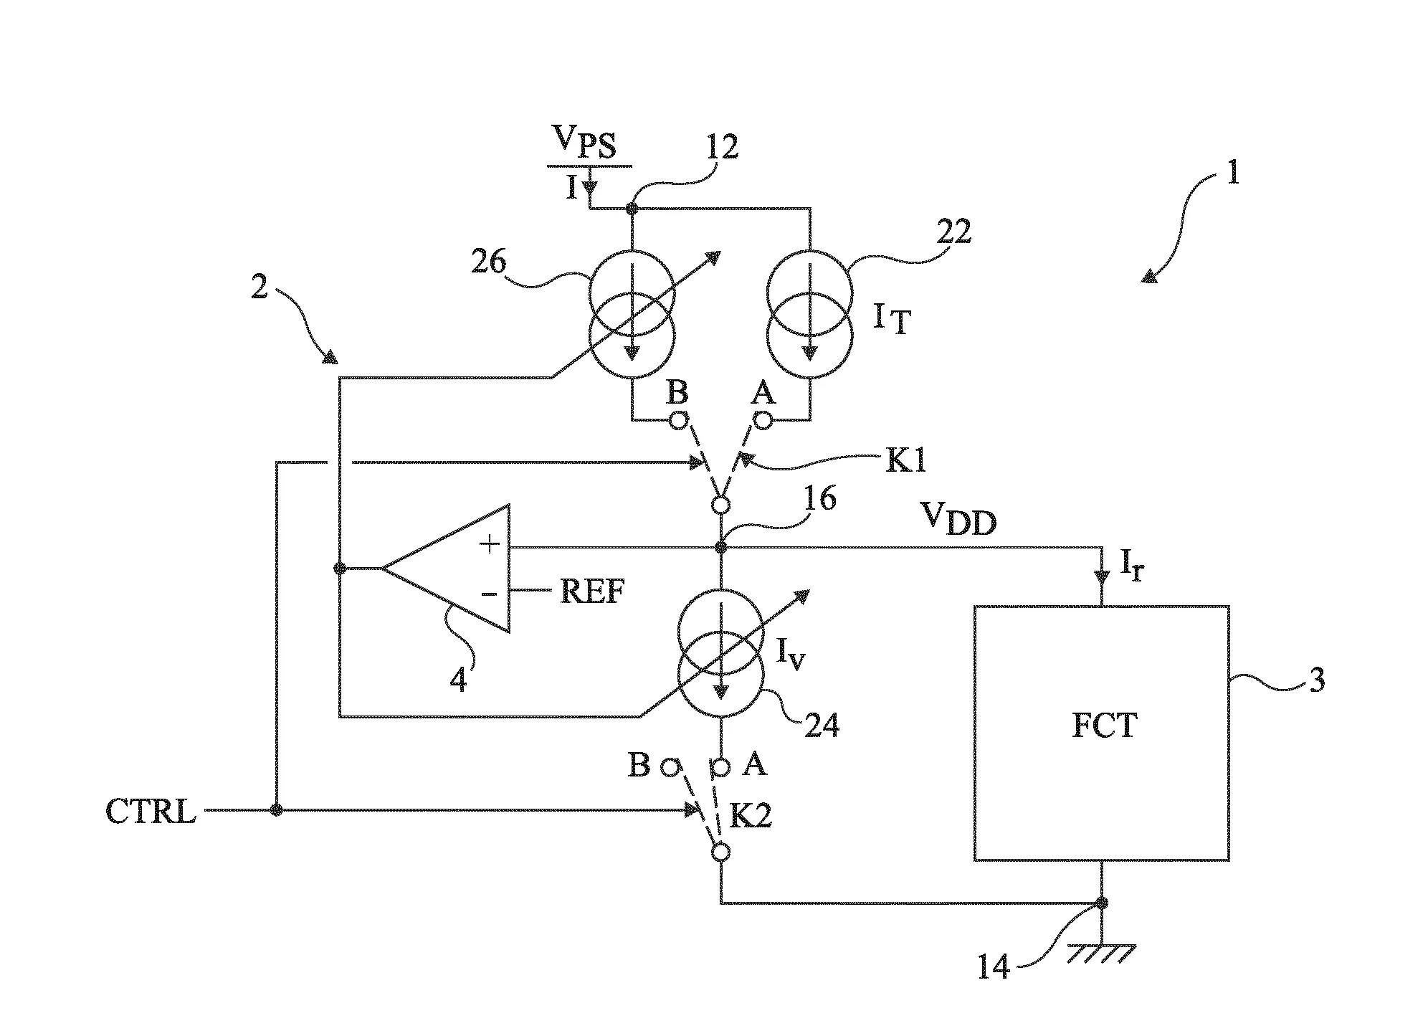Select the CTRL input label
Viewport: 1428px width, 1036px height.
click(x=151, y=812)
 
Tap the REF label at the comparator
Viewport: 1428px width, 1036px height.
click(x=591, y=591)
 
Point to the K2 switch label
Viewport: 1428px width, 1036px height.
click(x=751, y=816)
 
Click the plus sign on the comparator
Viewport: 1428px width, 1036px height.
click(x=490, y=545)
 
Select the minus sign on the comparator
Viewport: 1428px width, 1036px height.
click(x=489, y=593)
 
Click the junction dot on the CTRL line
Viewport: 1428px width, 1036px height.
click(x=276, y=810)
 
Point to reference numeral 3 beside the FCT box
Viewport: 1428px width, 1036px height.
click(x=1317, y=679)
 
